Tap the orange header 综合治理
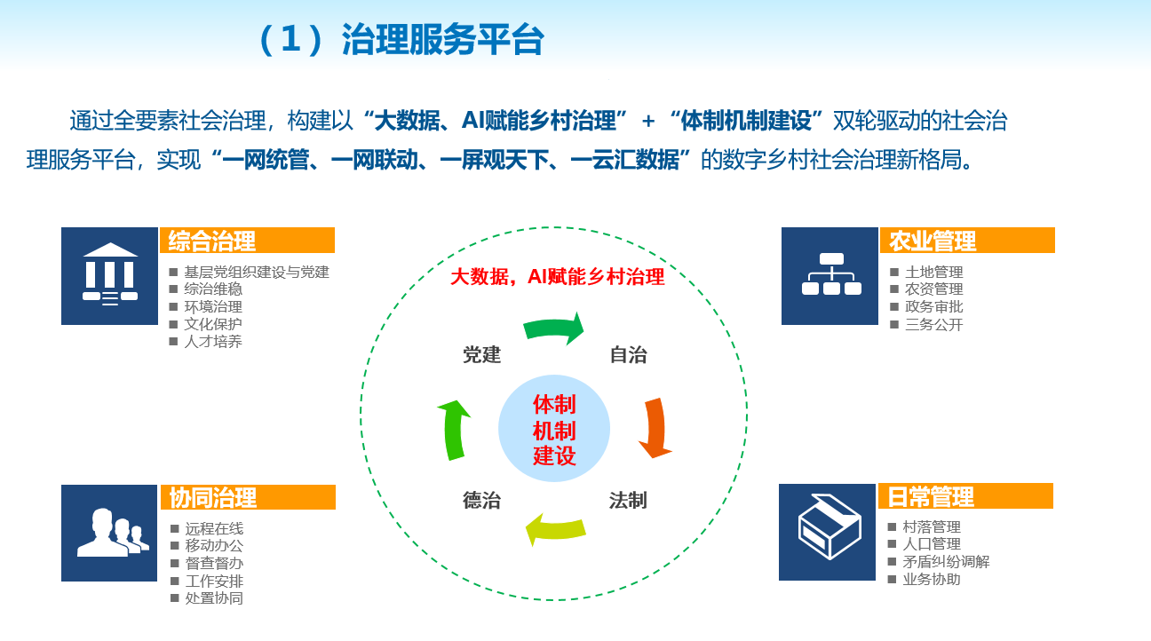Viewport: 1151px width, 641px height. [247, 241]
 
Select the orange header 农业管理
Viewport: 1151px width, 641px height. [967, 241]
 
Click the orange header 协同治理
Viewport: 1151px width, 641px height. [248, 497]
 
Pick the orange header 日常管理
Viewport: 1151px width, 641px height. [965, 496]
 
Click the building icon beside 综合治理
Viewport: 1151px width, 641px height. [109, 276]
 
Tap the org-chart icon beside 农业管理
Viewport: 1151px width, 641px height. [830, 276]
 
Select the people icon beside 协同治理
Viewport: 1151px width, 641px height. [109, 533]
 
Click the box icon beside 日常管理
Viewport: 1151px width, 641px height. [828, 532]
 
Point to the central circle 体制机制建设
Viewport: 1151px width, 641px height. [554, 428]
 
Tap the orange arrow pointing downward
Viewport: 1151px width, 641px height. [655, 428]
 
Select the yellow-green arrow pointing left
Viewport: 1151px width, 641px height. [556, 529]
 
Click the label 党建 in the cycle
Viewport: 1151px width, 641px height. [481, 355]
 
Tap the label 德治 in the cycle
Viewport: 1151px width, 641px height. [481, 500]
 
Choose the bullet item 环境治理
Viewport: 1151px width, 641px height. [213, 306]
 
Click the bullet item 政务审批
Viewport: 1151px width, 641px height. [933, 306]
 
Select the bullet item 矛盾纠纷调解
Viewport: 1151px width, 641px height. [946, 561]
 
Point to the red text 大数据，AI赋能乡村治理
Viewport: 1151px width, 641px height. [558, 277]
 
